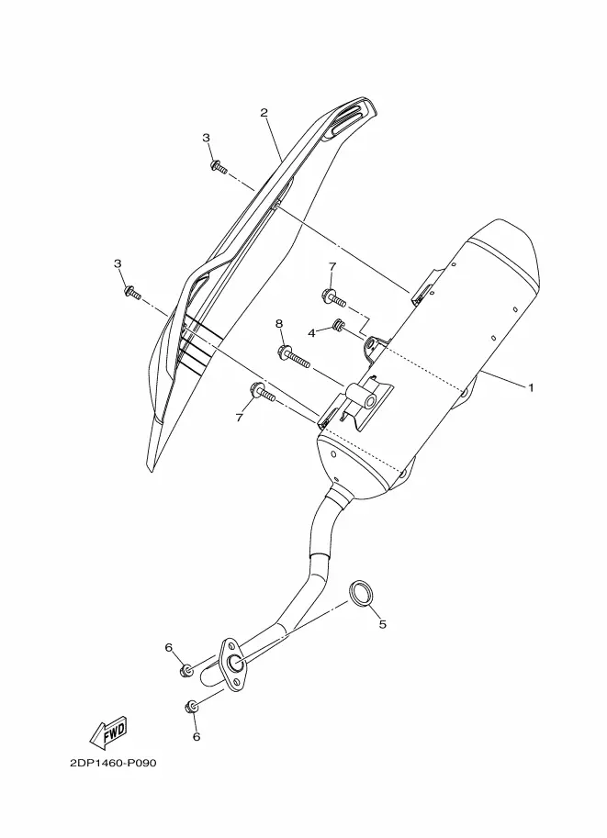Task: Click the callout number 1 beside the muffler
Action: click(x=531, y=387)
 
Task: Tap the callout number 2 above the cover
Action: click(x=264, y=112)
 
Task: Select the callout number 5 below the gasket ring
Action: click(x=382, y=624)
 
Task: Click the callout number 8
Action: click(x=278, y=323)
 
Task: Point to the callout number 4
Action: click(x=312, y=332)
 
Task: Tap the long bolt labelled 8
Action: click(x=294, y=358)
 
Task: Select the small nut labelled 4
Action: click(x=337, y=324)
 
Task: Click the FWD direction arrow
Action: click(x=108, y=732)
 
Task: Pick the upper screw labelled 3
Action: click(x=219, y=166)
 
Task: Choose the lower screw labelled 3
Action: click(x=131, y=293)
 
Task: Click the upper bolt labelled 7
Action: click(x=334, y=297)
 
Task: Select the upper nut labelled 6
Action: click(x=186, y=670)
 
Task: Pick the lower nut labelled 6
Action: click(x=192, y=707)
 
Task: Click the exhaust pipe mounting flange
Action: click(x=231, y=663)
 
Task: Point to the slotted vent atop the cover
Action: click(x=348, y=120)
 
